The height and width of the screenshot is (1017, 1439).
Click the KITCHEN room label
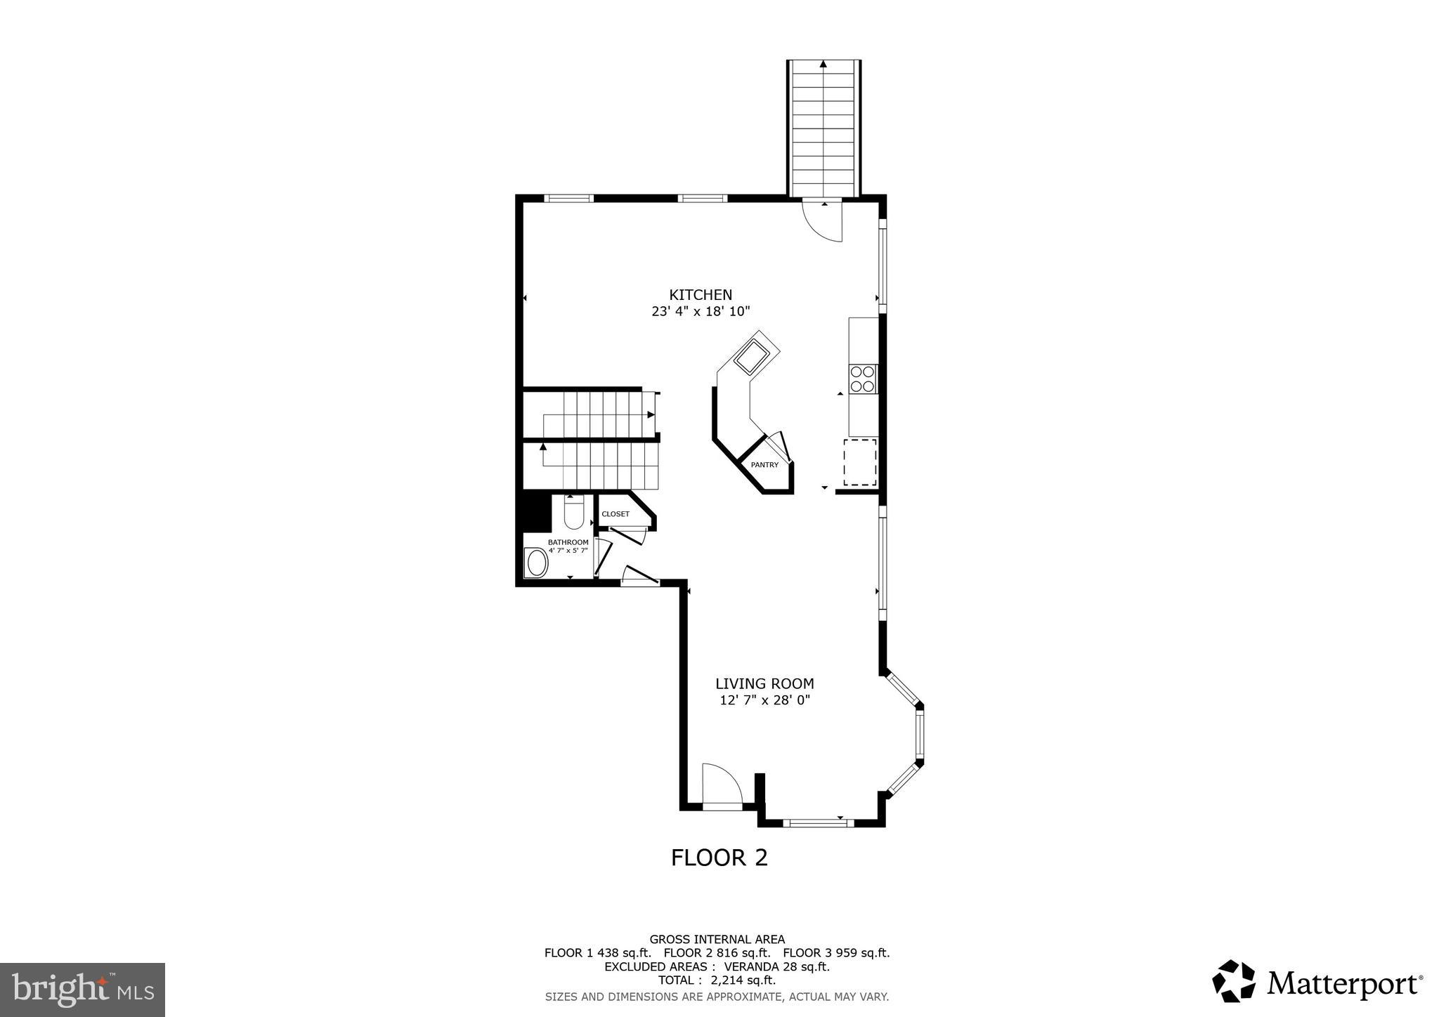[701, 295]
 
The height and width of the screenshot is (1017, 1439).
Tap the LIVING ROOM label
[764, 683]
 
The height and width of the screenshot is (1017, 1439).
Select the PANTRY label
[764, 465]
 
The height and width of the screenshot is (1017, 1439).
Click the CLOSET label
[616, 514]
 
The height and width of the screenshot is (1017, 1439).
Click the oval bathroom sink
[538, 563]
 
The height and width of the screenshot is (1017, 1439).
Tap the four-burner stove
[863, 379]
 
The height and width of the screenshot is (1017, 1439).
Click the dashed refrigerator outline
[860, 462]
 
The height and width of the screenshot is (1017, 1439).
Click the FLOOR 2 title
[719, 858]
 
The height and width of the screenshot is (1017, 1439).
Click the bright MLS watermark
[83, 990]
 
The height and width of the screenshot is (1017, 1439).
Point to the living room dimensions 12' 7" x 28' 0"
[764, 700]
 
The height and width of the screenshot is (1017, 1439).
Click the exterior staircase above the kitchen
[823, 126]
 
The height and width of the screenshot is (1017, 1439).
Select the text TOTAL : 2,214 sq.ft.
[717, 980]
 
